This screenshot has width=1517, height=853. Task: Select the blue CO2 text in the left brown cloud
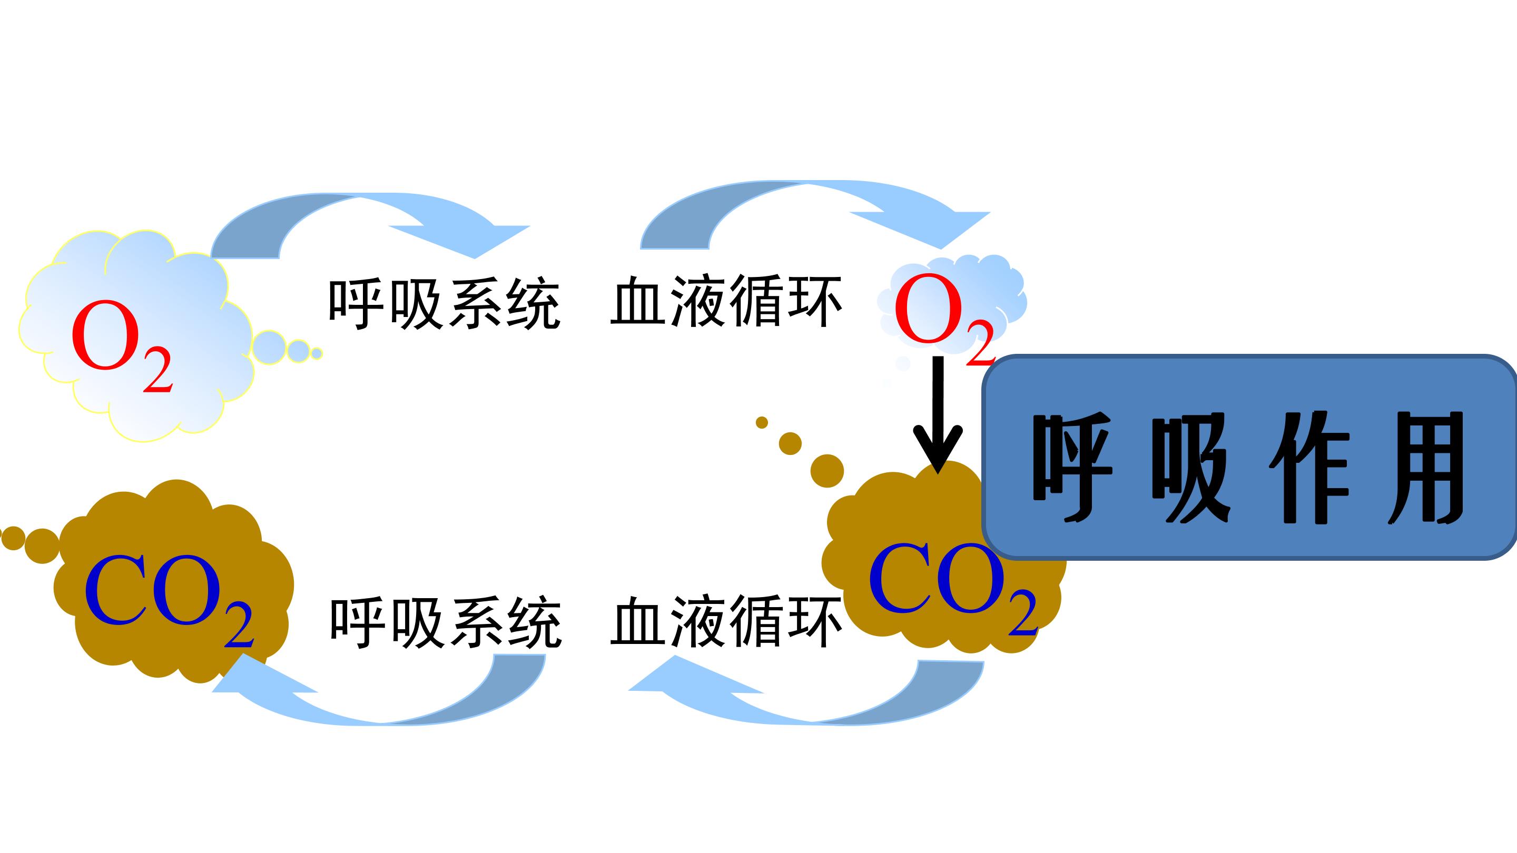(169, 600)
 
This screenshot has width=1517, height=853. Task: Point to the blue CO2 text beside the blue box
(953, 589)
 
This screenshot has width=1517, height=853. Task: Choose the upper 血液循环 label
(726, 301)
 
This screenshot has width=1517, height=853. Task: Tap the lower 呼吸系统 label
(446, 623)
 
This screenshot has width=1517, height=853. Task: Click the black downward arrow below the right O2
(938, 414)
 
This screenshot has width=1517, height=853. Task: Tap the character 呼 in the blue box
(1072, 468)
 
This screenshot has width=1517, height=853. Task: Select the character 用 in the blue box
(1426, 468)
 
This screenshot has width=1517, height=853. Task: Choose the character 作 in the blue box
(1308, 468)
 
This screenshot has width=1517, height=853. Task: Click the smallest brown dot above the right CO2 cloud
(762, 423)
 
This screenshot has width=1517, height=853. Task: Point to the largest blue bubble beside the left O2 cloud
(270, 348)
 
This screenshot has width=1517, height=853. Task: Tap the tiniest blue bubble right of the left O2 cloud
(317, 354)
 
